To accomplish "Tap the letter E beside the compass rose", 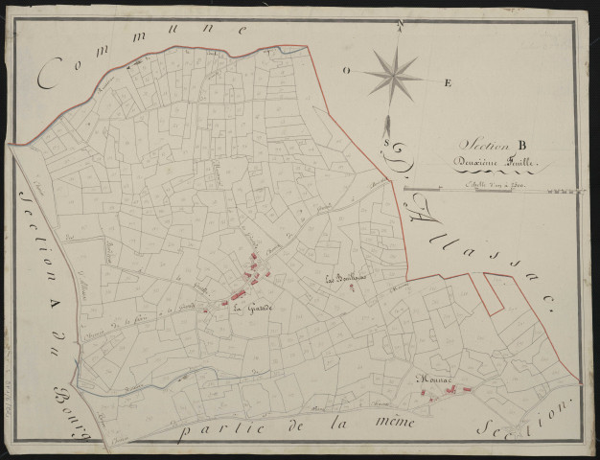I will tap(447, 83).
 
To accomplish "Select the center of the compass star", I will tap(393, 75).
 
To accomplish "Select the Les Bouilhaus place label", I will tap(345, 280).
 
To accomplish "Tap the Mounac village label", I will tap(432, 379).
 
